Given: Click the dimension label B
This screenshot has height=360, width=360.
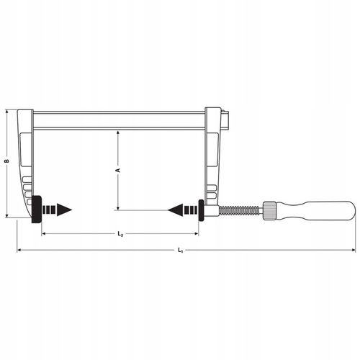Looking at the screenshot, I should (x=6, y=163).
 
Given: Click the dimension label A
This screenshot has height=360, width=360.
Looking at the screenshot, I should (x=118, y=170).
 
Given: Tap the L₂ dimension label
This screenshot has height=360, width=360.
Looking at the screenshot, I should (x=120, y=235).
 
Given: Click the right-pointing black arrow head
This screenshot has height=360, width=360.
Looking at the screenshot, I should (x=65, y=210).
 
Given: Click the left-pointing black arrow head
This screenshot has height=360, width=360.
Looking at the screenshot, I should (x=174, y=210).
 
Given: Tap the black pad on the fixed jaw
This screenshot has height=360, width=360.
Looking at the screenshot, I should (x=35, y=210).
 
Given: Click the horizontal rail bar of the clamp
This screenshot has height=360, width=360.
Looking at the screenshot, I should (x=119, y=120).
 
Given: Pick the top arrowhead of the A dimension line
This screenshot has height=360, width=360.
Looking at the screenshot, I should (x=118, y=133).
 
